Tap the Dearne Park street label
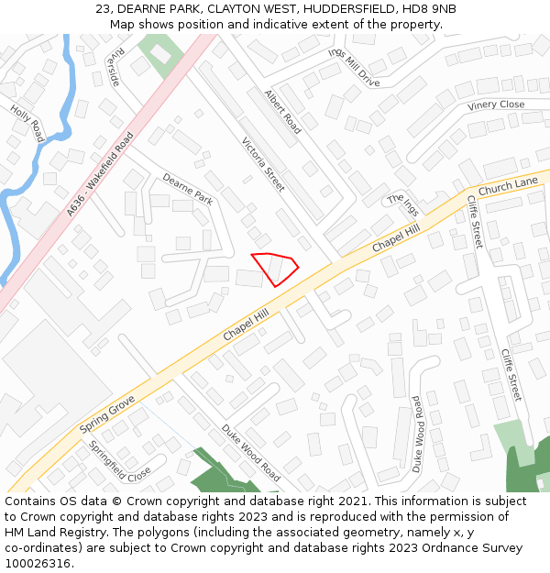click(x=188, y=188)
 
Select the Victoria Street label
click(x=263, y=165)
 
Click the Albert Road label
click(x=282, y=112)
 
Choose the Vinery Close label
click(x=496, y=105)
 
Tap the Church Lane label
click(x=508, y=186)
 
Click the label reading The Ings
click(x=401, y=205)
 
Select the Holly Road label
click(x=27, y=123)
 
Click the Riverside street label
click(x=113, y=67)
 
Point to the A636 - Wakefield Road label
click(x=100, y=175)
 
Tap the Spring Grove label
click(x=107, y=414)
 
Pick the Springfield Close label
click(x=120, y=462)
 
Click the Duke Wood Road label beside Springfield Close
click(x=250, y=452)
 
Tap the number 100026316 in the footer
click(x=38, y=563)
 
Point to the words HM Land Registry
click(x=55, y=532)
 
